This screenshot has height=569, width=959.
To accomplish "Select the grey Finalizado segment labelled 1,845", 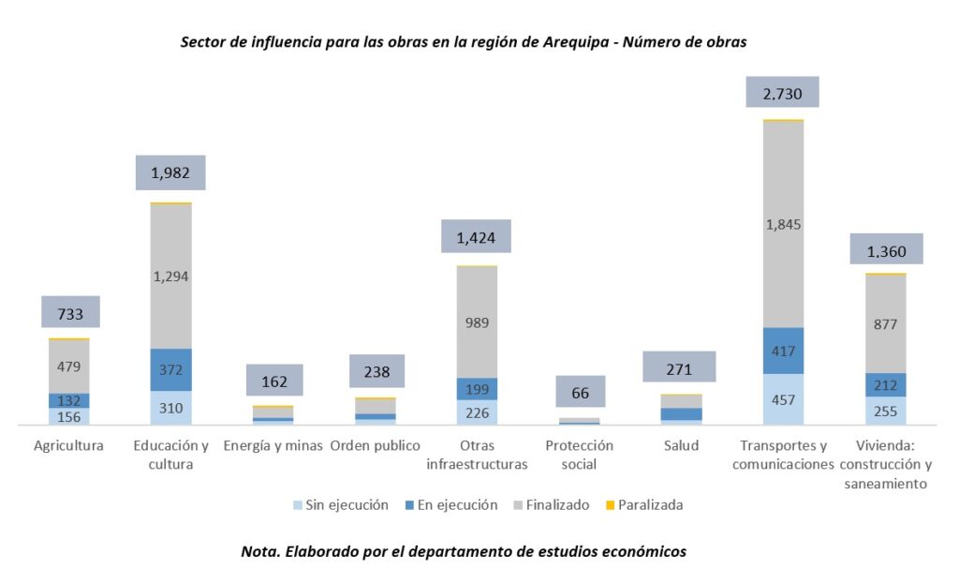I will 782,224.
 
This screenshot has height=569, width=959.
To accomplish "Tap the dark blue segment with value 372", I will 170,369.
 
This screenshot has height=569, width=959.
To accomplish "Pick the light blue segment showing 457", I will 782,399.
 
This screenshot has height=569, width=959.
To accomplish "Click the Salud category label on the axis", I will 681,445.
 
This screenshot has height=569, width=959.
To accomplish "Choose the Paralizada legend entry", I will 645,505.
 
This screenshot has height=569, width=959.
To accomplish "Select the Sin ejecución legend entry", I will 340,505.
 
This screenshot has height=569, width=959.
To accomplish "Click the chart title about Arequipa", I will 464,43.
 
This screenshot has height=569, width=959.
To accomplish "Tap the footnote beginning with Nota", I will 464,551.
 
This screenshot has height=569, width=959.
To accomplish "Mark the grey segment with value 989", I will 477,322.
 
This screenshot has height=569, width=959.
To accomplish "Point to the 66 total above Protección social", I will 581,391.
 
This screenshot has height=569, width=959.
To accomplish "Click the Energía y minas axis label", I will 273,445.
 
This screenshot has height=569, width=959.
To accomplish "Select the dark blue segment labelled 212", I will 885,384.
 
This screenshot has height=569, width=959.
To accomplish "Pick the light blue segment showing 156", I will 69,416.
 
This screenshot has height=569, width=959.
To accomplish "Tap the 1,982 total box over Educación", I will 170,172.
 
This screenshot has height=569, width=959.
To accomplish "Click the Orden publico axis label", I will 375,445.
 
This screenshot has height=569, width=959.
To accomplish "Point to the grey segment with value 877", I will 885,324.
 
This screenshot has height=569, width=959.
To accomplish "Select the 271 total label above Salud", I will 680,367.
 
